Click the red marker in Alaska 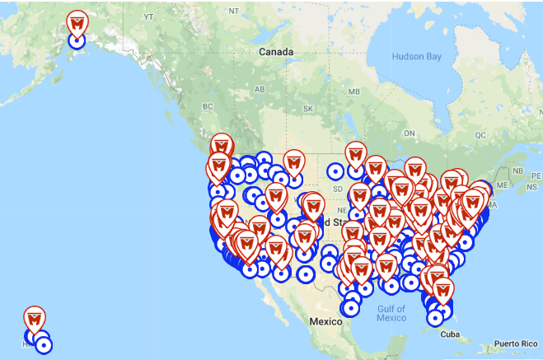[x=77, y=25]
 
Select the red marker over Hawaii [x=34, y=319]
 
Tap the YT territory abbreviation [x=149, y=16]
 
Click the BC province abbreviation [x=208, y=107]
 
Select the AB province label [x=259, y=89]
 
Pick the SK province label [x=308, y=109]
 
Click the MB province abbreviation [x=355, y=91]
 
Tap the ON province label [x=408, y=132]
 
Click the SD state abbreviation [x=336, y=189]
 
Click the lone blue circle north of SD [x=335, y=171]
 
